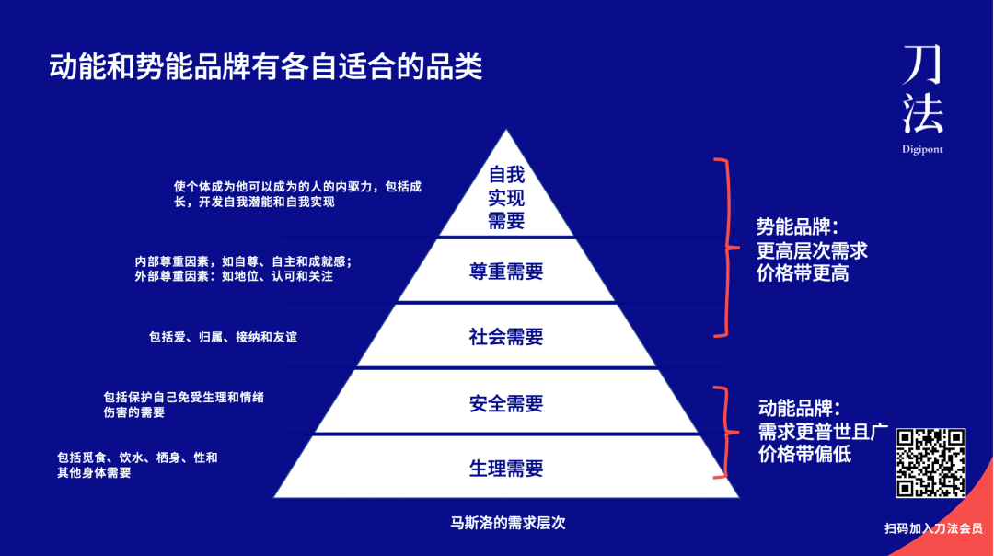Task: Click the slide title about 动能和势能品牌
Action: click(266, 67)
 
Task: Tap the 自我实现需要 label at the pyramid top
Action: click(506, 196)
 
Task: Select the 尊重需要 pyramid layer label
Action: click(506, 272)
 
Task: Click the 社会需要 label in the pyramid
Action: click(506, 337)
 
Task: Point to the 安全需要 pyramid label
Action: click(506, 403)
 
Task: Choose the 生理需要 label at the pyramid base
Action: click(506, 469)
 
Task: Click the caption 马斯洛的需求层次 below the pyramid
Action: click(507, 523)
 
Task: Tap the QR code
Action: click(930, 463)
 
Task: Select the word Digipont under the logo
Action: click(922, 149)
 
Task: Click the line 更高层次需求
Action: click(812, 250)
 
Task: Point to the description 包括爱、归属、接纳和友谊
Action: click(223, 338)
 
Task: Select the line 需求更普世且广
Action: click(822, 432)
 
